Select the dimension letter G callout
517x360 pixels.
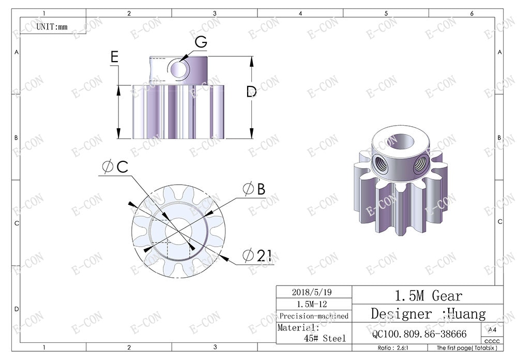coord(201,42)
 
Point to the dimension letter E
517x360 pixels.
coord(115,57)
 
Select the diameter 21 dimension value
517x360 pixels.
coord(257,256)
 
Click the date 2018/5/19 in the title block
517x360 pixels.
coord(313,292)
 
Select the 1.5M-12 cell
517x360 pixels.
coord(313,304)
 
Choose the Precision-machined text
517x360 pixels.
coord(313,316)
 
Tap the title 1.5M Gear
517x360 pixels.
coord(428,296)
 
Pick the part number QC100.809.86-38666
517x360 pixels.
coord(419,334)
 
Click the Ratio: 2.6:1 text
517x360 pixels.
coord(393,348)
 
